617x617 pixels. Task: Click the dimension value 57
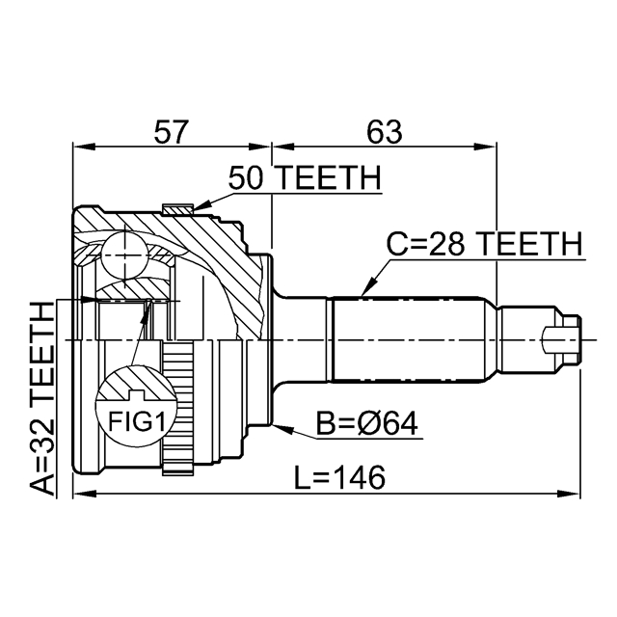[x=173, y=130]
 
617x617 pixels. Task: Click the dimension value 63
[x=383, y=130]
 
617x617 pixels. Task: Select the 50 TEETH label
[x=305, y=178]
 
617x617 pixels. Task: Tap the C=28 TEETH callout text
[x=484, y=245]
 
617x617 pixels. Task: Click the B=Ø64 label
[x=367, y=424]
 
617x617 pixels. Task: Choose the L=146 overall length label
[x=335, y=476]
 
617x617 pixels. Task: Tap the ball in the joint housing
[x=124, y=255]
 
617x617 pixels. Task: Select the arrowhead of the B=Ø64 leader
[x=277, y=422]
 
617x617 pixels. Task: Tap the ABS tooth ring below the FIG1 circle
[x=176, y=458]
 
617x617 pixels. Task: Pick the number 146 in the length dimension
[x=356, y=476]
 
